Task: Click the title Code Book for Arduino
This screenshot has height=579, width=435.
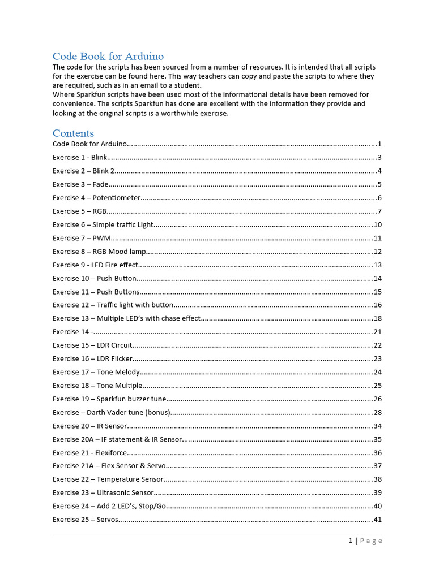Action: click(108, 56)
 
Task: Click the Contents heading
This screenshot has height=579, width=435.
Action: click(73, 133)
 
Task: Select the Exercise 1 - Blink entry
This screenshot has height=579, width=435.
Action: click(79, 158)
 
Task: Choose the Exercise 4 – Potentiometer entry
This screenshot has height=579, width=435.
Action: click(96, 198)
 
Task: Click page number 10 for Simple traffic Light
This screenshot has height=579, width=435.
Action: click(377, 224)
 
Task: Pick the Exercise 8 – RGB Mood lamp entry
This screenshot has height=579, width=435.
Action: click(99, 252)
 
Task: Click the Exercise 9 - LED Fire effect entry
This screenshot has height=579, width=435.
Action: click(95, 265)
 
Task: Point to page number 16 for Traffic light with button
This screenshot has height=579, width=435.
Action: click(377, 305)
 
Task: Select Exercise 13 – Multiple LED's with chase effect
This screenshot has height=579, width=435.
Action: click(126, 318)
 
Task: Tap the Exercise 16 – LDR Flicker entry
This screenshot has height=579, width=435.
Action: click(92, 358)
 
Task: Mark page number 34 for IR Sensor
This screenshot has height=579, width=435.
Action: click(377, 426)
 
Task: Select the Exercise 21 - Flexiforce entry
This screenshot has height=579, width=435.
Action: click(89, 452)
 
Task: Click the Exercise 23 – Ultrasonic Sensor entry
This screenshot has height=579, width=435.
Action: click(103, 492)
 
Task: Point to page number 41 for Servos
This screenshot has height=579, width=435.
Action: click(377, 520)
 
